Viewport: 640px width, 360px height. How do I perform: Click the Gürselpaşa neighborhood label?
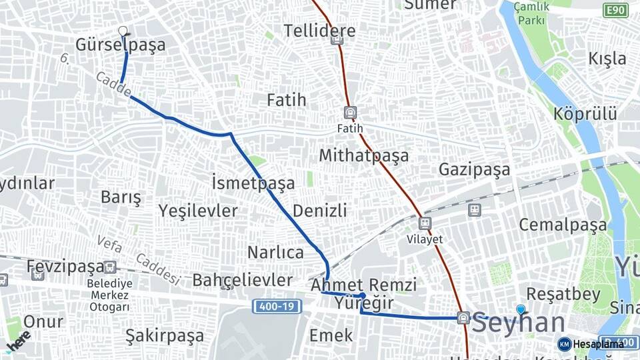120,45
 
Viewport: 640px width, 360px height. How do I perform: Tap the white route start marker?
123,30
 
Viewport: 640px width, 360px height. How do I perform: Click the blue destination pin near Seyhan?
521,309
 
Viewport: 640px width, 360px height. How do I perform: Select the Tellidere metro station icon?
337,39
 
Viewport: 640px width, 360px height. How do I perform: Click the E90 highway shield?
615,10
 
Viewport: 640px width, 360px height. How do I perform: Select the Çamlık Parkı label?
532,13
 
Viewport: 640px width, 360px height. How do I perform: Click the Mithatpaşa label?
363,155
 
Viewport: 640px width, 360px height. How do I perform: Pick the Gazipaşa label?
474,169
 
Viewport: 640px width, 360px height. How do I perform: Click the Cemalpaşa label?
563,224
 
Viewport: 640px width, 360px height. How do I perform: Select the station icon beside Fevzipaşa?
110,267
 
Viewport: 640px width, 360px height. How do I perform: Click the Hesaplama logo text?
598,344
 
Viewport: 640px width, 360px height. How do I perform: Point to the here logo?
18,341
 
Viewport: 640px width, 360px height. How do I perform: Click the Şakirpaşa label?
165,335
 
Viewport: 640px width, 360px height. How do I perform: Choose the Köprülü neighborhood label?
585,113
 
